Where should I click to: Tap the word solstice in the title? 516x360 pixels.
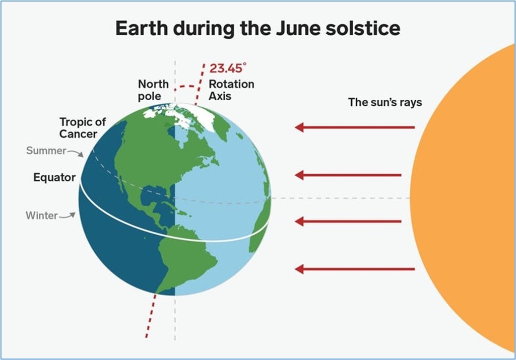pos(363,28)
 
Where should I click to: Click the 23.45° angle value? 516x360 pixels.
pos(228,68)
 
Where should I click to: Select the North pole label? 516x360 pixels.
pos(153,90)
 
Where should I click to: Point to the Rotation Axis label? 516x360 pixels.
pos(231,90)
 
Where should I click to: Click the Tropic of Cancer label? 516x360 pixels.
pos(83,127)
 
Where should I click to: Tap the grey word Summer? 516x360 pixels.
pos(46,151)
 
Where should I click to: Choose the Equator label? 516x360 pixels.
pos(54,178)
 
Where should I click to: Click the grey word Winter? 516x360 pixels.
pos(42,215)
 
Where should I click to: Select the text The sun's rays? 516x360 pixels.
pos(385,102)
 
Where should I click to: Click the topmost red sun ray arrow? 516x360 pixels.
pos(355,127)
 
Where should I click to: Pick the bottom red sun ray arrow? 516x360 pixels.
pos(355,269)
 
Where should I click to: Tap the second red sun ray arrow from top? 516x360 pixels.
pos(348,175)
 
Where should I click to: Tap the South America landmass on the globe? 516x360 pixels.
pos(184,256)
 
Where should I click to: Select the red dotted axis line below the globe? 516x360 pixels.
pos(151,316)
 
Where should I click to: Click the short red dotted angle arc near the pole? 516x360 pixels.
pos(187,87)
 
